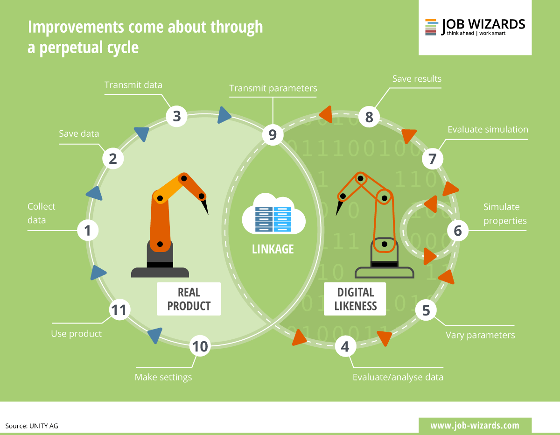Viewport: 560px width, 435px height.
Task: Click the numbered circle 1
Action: [x=87, y=230]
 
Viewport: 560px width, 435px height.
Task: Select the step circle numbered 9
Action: [x=273, y=135]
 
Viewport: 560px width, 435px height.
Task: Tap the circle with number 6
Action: [x=457, y=231]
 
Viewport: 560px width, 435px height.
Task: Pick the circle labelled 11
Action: [x=119, y=310]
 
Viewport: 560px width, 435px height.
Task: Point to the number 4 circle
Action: [x=345, y=346]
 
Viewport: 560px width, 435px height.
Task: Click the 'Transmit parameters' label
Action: [x=273, y=88]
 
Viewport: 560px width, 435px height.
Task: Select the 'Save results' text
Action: [x=417, y=78]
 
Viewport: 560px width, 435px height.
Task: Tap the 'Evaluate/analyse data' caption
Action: [x=398, y=377]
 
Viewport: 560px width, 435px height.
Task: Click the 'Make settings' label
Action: [x=163, y=377]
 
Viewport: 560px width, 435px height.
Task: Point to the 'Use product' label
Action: [x=76, y=334]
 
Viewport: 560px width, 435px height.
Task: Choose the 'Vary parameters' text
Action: [x=480, y=335]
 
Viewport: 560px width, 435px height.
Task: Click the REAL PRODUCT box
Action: [x=189, y=299]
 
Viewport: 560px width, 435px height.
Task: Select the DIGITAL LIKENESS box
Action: [x=356, y=299]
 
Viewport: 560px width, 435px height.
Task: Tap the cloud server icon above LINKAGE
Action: [x=273, y=218]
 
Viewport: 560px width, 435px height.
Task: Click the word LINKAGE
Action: [x=273, y=249]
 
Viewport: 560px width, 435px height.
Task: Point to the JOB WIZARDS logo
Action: [x=475, y=27]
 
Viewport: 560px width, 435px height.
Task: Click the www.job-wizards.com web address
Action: [x=475, y=425]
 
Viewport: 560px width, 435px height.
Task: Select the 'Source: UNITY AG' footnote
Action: [x=32, y=426]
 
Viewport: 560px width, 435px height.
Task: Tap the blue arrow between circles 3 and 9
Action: [x=224, y=115]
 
